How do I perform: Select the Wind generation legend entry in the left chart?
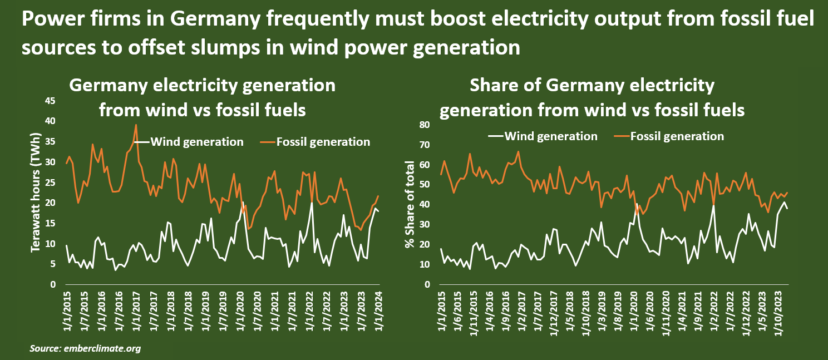click(197, 142)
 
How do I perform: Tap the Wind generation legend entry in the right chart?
click(551, 136)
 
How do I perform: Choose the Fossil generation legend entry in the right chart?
click(677, 136)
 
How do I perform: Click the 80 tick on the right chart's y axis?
click(425, 125)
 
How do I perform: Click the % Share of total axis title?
click(411, 205)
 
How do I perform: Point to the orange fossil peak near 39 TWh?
click(136, 125)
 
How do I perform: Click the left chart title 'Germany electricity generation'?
click(202, 86)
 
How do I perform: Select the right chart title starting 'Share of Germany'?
click(592, 86)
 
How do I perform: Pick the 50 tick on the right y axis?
click(425, 185)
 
